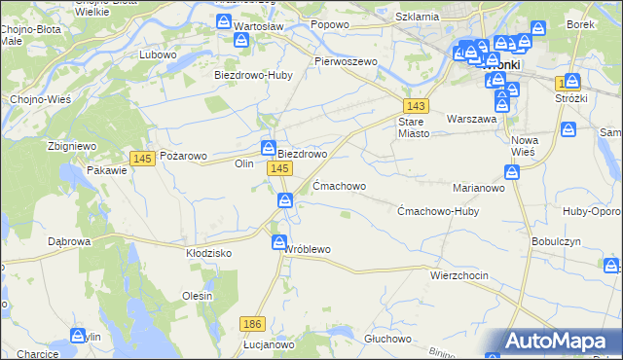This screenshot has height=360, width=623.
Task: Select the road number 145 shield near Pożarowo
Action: pos(142,159)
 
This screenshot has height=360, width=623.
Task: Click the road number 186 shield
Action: pos(252,323)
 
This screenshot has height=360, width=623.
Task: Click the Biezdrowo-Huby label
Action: pos(253,75)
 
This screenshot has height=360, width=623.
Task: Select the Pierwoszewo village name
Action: pos(345,60)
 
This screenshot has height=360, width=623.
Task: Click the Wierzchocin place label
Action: pos(458,275)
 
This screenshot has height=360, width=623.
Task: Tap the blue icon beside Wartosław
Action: pos(242,41)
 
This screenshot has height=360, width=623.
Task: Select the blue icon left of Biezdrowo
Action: pos(268,148)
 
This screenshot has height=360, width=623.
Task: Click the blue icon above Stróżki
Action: pos(572,82)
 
